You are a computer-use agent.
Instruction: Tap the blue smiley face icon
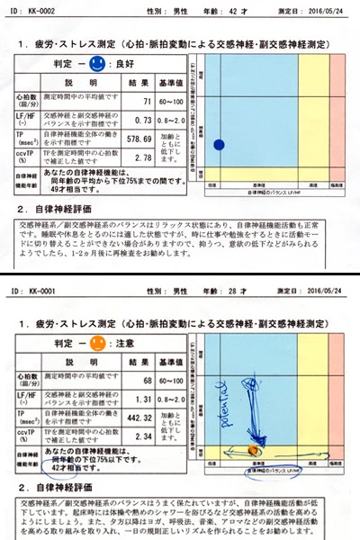pos(99,65)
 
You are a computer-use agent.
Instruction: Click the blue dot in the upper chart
pos(219,144)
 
